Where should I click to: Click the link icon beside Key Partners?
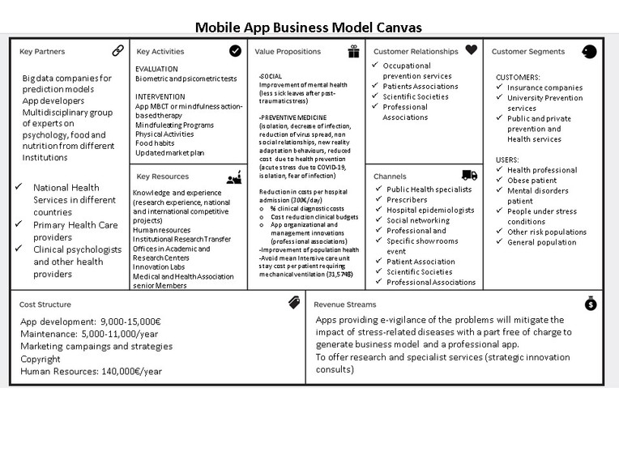118,50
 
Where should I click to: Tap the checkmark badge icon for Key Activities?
235,50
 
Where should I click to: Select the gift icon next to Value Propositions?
353,51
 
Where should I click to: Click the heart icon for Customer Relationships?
471,50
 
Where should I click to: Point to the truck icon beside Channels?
469,175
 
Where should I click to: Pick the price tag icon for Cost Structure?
294,303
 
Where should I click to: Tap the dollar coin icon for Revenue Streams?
591,304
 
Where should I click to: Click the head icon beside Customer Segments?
589,51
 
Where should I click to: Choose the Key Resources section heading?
164,176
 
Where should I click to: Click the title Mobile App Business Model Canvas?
309,28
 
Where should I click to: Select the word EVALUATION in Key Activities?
156,69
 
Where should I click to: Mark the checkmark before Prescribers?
378,199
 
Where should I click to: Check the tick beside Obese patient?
500,180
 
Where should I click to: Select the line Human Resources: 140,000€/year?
91,371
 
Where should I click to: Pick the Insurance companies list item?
544,87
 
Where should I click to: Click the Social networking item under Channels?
419,220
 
